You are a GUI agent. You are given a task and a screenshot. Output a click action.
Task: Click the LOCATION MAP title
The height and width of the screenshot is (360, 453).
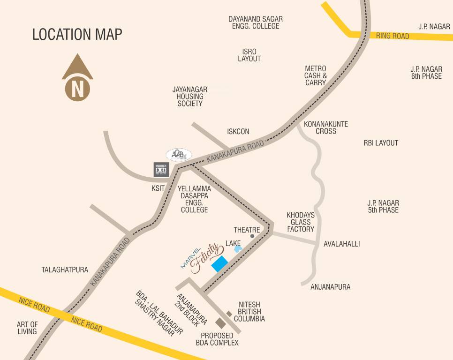[77, 35]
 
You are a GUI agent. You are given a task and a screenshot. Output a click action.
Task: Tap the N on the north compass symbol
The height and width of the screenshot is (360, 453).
[78, 88]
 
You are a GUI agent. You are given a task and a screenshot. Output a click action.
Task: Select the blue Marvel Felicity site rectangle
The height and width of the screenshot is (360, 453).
[219, 263]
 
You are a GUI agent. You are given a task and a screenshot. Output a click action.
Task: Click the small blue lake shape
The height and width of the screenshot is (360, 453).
[238, 249]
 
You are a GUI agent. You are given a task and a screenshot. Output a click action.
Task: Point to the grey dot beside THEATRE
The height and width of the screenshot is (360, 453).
[252, 236]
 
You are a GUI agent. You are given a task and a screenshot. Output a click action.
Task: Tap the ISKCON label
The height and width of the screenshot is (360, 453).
[238, 132]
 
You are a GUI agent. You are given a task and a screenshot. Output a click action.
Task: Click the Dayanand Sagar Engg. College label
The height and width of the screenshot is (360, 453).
[256, 22]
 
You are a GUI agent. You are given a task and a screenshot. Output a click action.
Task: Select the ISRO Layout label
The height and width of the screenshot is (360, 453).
[249, 55]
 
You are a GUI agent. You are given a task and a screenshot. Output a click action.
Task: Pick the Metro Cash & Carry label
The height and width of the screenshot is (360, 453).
[315, 75]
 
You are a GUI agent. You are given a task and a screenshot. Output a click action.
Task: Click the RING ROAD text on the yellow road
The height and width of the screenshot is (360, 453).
[393, 36]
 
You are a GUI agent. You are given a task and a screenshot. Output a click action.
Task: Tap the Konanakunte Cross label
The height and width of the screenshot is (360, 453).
[326, 127]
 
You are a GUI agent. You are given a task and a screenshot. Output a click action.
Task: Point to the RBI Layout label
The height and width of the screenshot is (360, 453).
[381, 143]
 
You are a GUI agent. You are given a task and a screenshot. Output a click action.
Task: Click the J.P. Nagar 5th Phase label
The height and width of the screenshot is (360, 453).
[383, 206]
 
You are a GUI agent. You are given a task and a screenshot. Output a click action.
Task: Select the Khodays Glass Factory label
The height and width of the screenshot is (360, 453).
[301, 222]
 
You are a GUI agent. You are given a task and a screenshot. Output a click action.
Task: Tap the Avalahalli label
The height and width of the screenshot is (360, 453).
[342, 244]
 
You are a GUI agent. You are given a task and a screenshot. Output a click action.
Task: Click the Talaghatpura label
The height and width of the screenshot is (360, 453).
[65, 270]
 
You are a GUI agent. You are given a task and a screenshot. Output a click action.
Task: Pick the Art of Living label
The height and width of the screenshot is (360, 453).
[27, 328]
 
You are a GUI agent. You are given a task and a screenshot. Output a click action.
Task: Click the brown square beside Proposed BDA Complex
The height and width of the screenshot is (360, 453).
[220, 322]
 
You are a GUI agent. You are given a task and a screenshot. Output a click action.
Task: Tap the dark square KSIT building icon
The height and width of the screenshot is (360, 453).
[161, 169]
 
